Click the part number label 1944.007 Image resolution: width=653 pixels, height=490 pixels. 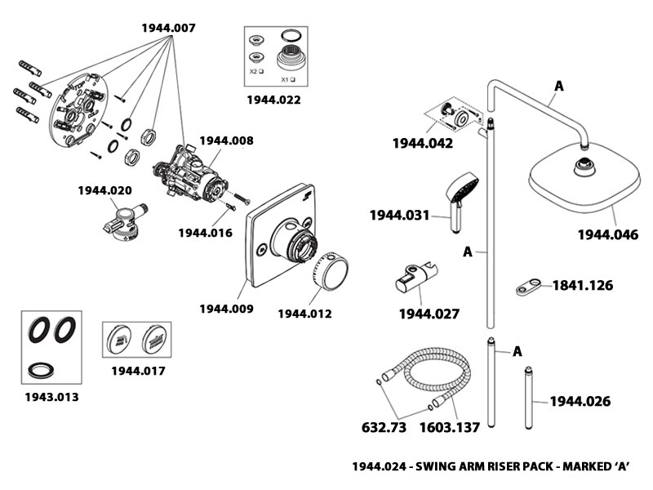click(x=168, y=28)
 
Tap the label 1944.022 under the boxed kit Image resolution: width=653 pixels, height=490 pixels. click(x=273, y=101)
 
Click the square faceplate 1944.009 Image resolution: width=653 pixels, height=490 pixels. click(x=269, y=237)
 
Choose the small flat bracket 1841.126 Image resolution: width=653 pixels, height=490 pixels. click(x=529, y=287)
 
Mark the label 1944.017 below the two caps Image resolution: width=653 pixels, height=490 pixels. click(x=138, y=371)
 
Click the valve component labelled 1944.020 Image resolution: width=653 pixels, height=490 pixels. click(x=122, y=223)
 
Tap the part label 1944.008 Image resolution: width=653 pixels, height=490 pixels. click(x=226, y=140)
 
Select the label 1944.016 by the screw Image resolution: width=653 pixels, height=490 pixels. click(x=205, y=233)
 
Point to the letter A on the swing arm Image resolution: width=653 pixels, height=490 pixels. click(x=559, y=84)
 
